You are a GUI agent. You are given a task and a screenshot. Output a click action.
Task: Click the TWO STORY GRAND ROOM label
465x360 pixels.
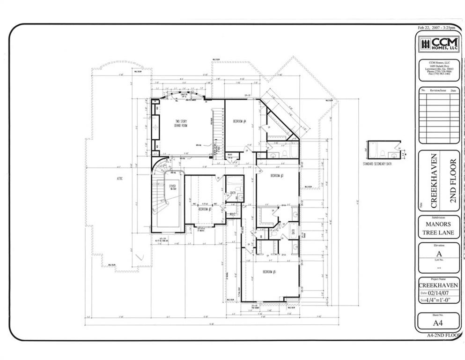coord(180,124)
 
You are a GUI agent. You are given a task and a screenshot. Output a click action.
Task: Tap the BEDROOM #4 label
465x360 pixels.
coord(240,122)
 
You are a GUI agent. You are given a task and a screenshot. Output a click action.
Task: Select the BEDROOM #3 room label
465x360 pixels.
coord(277,176)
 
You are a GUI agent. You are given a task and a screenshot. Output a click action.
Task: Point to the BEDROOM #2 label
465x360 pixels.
coord(205,209)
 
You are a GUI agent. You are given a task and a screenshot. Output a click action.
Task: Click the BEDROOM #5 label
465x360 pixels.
coord(269,272)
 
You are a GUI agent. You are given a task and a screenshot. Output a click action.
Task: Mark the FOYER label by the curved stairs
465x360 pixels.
coord(173,187)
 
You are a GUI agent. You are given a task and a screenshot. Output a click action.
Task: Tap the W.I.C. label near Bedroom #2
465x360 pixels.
coord(231,214)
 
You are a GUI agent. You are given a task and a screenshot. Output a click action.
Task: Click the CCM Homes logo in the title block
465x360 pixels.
coord(439,45)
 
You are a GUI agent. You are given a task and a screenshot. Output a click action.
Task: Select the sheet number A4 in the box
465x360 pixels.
coord(438,323)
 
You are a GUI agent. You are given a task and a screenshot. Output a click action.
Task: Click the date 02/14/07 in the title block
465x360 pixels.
coord(441,293)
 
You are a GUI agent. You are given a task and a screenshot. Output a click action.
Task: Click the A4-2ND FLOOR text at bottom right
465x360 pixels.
coord(444,336)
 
